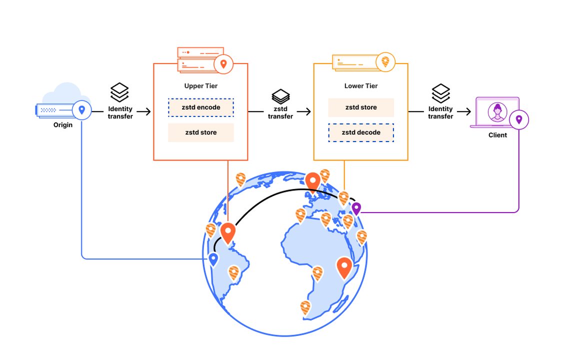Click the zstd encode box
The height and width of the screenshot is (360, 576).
(201, 107)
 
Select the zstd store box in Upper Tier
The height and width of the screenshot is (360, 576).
(201, 132)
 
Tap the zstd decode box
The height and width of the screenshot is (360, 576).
(361, 132)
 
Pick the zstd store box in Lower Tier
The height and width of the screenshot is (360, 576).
(361, 107)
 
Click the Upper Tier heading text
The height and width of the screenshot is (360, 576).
(201, 86)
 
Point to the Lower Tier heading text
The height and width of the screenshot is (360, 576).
(361, 86)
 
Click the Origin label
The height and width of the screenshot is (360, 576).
(63, 125)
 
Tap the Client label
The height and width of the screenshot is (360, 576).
(498, 135)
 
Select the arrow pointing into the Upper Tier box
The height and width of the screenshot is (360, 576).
(143, 111)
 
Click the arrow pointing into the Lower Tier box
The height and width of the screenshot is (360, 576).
(304, 111)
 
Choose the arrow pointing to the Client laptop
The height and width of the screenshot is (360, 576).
(464, 111)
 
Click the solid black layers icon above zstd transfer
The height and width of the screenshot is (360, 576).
(280, 96)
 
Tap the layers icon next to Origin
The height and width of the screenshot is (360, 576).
(120, 92)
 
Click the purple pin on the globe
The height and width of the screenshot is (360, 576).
(356, 208)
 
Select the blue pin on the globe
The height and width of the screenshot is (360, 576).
(213, 259)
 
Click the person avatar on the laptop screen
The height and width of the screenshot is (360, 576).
(497, 112)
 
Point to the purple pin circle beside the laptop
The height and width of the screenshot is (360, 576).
(519, 119)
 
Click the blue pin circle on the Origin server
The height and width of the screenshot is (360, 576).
(81, 110)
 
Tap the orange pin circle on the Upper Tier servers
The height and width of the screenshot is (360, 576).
(223, 64)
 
